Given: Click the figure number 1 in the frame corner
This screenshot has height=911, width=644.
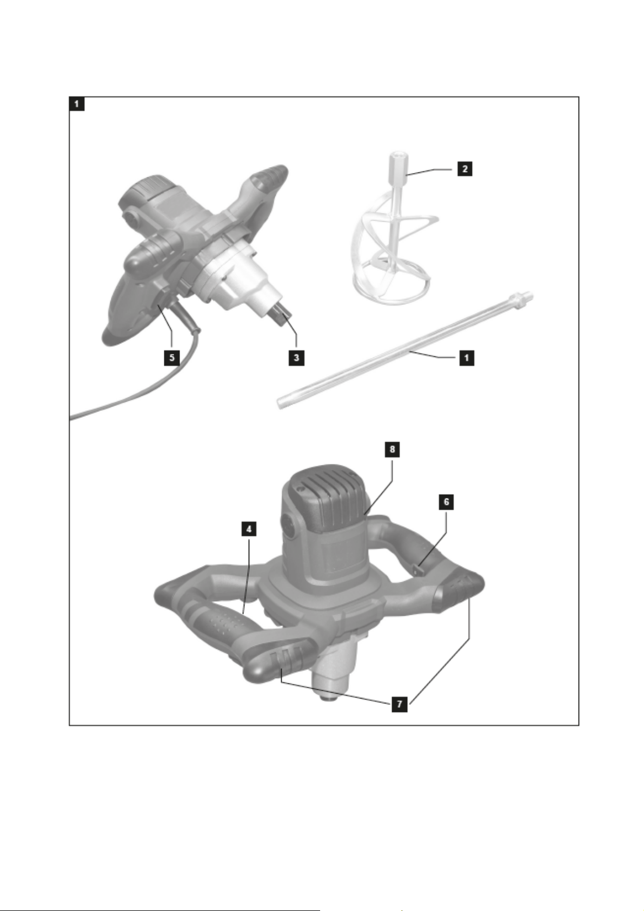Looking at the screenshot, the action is pos(77,104).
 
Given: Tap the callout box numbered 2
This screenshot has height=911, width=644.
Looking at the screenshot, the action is pos(464,168).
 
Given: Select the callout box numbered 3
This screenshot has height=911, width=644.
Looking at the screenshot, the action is pos(296,357).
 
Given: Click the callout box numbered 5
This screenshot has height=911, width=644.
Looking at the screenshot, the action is pos(171,357).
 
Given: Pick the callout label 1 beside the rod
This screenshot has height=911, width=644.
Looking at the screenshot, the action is pos(467,358).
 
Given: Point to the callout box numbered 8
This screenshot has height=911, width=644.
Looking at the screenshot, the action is pos(392,449).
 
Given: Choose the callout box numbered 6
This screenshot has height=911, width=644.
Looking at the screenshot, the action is pos(447,502).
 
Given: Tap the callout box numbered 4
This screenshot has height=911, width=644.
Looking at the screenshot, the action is pos(249,529).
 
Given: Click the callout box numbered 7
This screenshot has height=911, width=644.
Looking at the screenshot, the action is pos(400,704).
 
